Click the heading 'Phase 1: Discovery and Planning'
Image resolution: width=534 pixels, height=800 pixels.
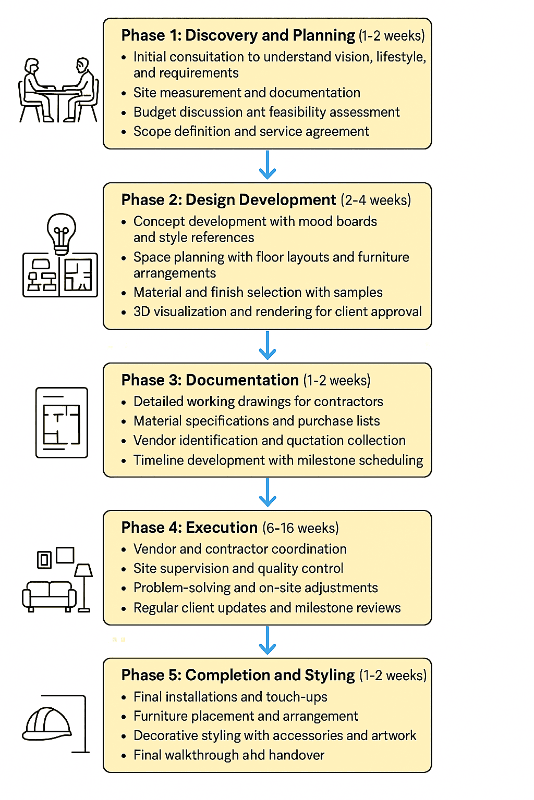click(x=238, y=35)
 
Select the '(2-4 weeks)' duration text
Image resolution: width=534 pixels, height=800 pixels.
click(x=375, y=201)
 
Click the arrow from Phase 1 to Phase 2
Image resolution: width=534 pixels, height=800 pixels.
click(x=268, y=165)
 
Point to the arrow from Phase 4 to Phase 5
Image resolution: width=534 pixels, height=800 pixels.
click(x=268, y=641)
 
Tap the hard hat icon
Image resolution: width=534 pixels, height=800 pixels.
click(x=47, y=724)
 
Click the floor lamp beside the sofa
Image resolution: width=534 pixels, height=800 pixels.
click(x=83, y=586)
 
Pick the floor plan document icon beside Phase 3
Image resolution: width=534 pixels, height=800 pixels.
click(x=62, y=422)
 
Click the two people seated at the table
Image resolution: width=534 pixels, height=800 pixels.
click(x=58, y=91)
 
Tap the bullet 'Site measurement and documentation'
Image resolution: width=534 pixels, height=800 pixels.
click(x=247, y=93)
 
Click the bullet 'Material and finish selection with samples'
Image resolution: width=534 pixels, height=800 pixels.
click(x=258, y=292)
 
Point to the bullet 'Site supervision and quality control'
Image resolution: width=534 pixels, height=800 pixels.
click(x=238, y=568)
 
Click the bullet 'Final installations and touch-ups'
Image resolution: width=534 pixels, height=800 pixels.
click(x=230, y=697)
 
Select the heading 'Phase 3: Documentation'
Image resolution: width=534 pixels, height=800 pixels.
click(x=210, y=380)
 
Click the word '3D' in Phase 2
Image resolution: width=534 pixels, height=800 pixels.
click(x=142, y=312)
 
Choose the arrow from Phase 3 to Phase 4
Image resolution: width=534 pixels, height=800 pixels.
click(x=268, y=493)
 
